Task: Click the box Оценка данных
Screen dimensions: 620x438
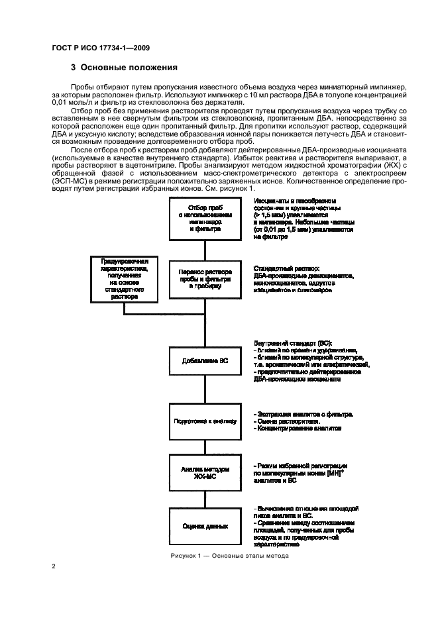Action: [205, 526]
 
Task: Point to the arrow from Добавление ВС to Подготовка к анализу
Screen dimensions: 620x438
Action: [205, 391]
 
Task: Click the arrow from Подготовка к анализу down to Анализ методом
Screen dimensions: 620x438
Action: [205, 445]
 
